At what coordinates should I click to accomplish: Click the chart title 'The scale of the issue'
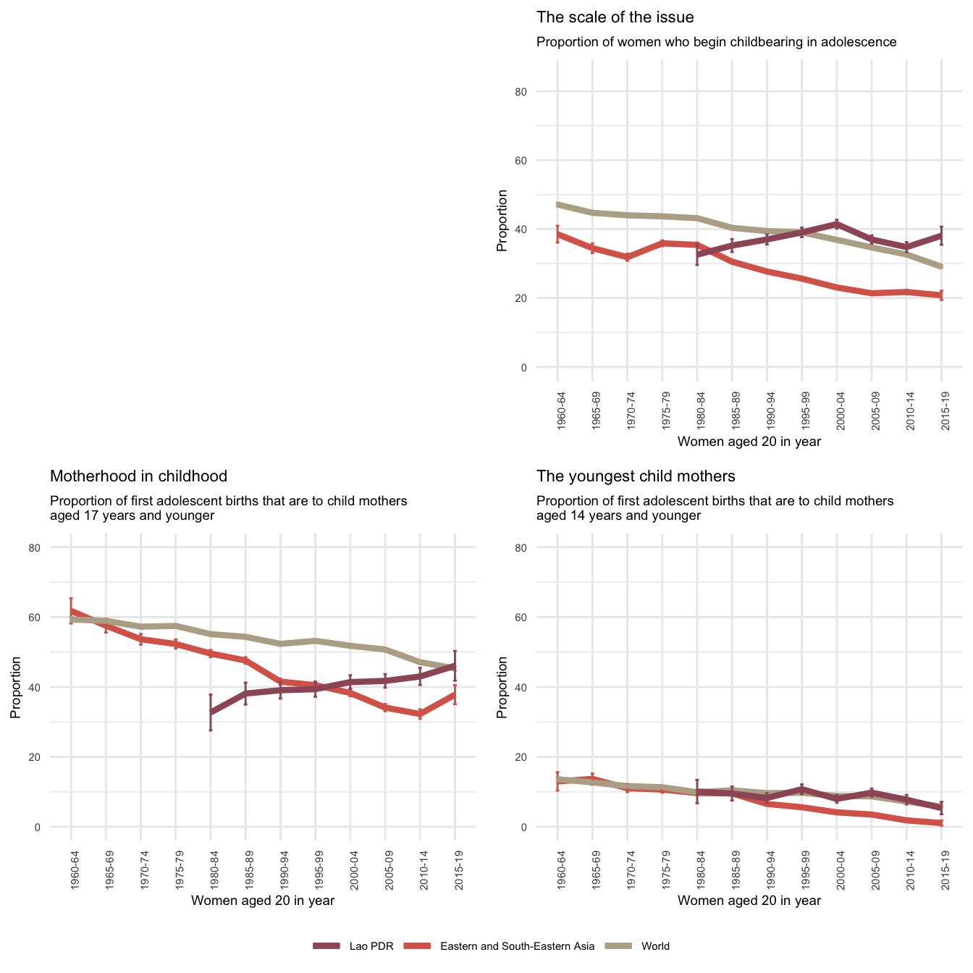pos(615,17)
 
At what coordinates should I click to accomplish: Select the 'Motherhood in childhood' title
pos(138,476)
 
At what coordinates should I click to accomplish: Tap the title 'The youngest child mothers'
pos(636,476)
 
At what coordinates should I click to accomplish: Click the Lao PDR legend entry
pos(354,946)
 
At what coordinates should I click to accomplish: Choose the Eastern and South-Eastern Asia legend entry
pos(500,946)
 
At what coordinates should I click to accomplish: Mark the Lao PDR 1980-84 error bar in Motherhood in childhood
pos(211,712)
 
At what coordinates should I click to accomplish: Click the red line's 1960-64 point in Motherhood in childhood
pos(71,611)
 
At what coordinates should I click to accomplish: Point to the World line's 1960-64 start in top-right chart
pos(557,205)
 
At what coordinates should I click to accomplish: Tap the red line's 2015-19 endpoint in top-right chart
pos(941,295)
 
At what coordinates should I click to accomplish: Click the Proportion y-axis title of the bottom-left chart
pos(16,687)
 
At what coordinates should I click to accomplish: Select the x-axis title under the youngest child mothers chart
pos(749,901)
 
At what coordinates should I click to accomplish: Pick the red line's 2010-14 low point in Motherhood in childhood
pos(420,714)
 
